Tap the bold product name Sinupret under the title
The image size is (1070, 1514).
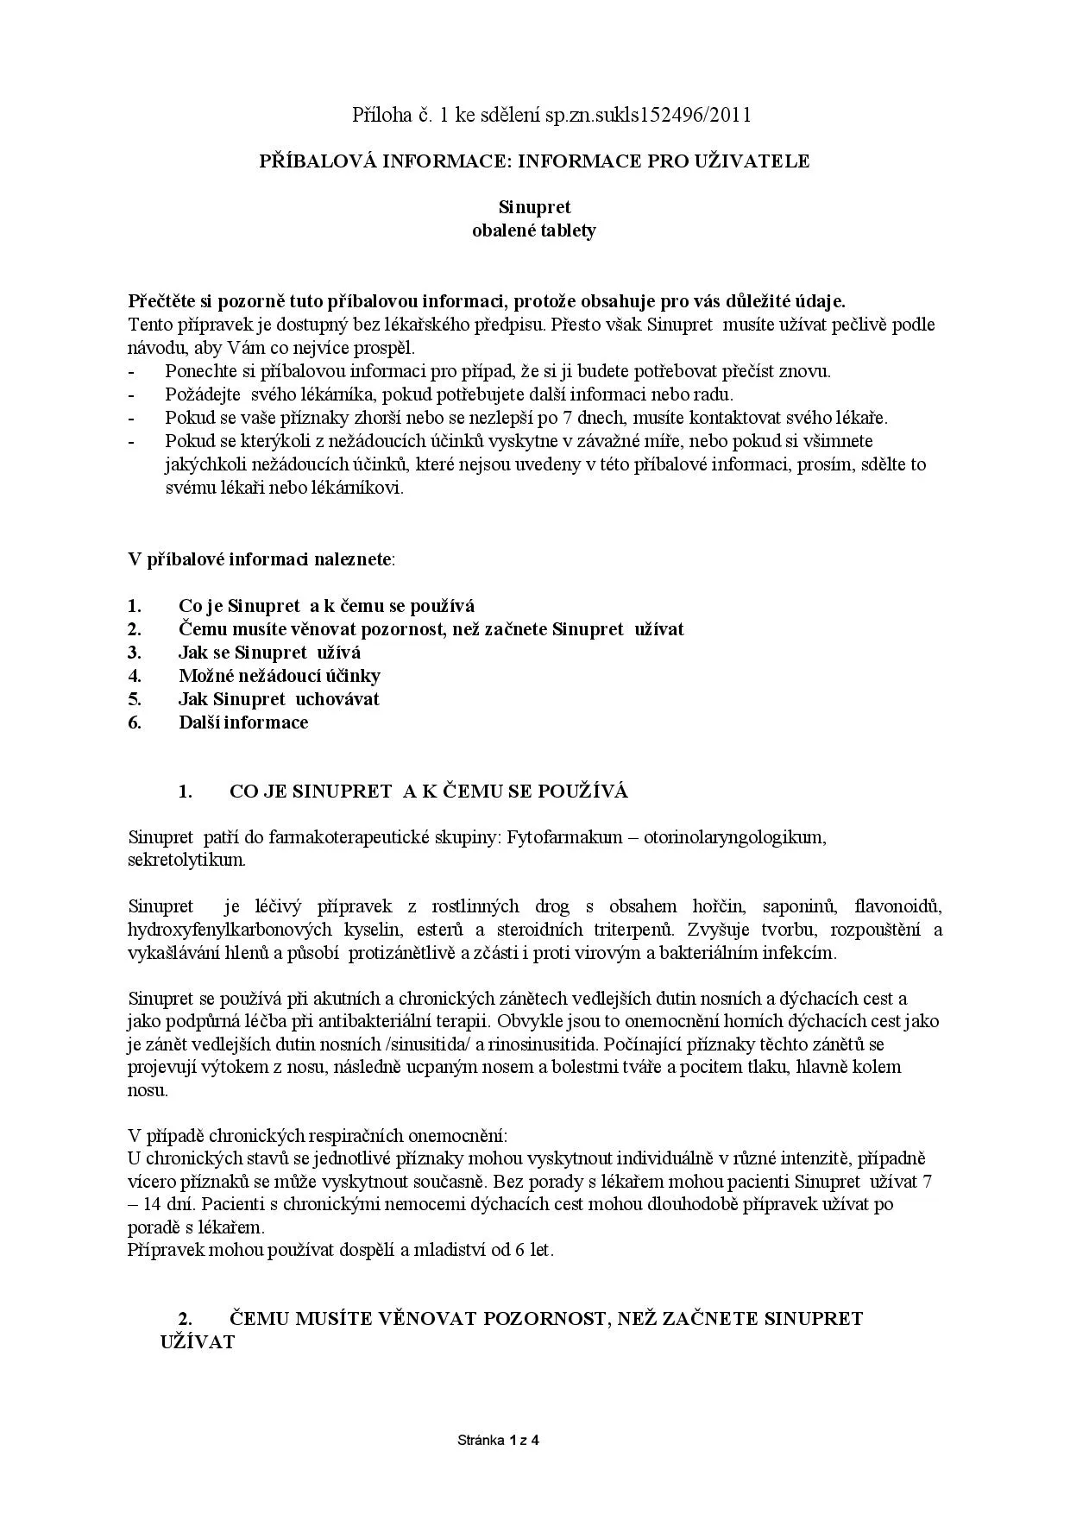click(534, 207)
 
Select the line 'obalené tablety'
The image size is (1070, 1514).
click(534, 230)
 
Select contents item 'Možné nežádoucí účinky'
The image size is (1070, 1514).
click(279, 676)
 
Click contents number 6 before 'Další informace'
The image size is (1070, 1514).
click(135, 722)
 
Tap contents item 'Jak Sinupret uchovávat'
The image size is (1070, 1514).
click(279, 699)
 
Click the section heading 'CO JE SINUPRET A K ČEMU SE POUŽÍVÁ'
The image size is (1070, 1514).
click(429, 792)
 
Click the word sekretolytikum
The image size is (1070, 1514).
click(186, 861)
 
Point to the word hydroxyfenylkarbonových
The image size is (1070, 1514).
click(230, 930)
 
